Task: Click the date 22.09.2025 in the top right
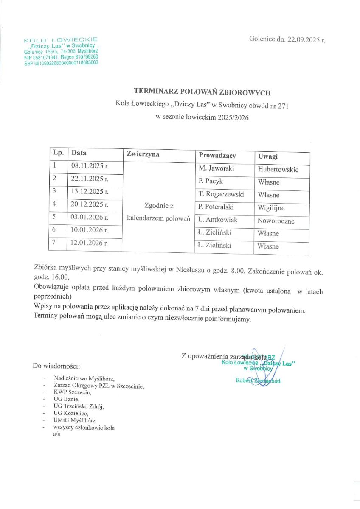303,40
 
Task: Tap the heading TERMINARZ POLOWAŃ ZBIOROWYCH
202,91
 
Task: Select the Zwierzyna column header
143,154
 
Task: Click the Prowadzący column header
217,156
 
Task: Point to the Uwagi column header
267,157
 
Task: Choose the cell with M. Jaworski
217,168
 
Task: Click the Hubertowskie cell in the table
278,170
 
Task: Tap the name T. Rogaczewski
221,194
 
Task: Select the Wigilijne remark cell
271,208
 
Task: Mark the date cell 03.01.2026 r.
90,218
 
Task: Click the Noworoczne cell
276,221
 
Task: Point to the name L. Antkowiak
218,220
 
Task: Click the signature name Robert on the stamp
244,380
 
